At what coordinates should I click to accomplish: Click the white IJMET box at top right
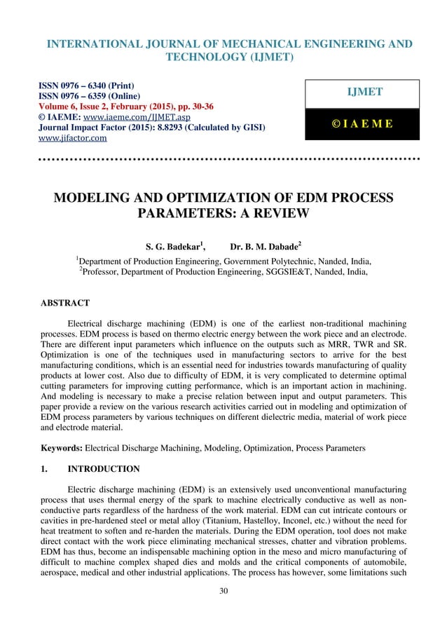click(x=361, y=93)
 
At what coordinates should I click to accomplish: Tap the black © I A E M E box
click(x=361, y=124)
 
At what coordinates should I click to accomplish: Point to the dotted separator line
click(x=223, y=160)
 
